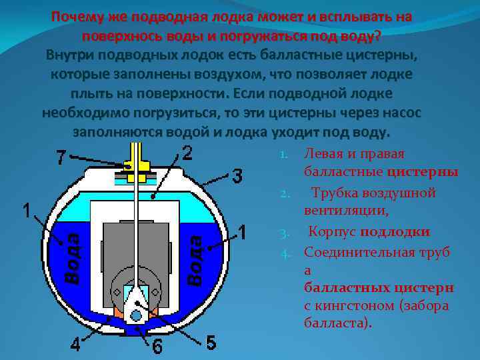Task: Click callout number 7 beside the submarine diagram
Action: [61, 159]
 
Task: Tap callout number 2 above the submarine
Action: [187, 153]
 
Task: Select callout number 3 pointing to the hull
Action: [237, 176]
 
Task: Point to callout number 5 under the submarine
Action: [211, 343]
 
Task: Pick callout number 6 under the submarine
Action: [157, 347]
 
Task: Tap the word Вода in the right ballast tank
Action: [195, 257]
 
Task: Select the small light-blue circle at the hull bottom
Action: [137, 314]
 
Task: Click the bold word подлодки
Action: [395, 231]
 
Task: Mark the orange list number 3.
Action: [283, 233]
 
